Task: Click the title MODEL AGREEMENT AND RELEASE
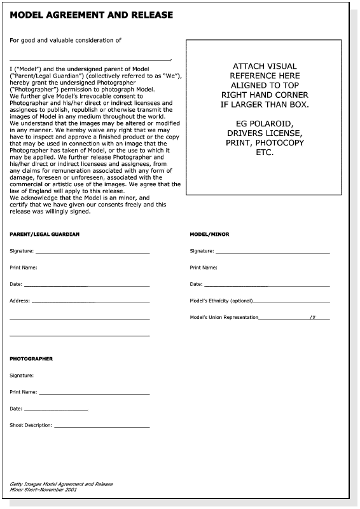point(91,14)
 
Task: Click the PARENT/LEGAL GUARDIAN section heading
point(45,234)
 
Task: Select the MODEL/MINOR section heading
point(209,234)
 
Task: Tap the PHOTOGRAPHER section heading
point(31,359)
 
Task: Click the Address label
point(20,301)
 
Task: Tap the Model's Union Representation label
point(224,317)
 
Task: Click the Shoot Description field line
point(102,426)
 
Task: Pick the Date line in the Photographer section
point(56,410)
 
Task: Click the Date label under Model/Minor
point(196,284)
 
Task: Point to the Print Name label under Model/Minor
point(204,268)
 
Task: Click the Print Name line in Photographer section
point(94,393)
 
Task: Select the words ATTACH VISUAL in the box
point(265,66)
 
